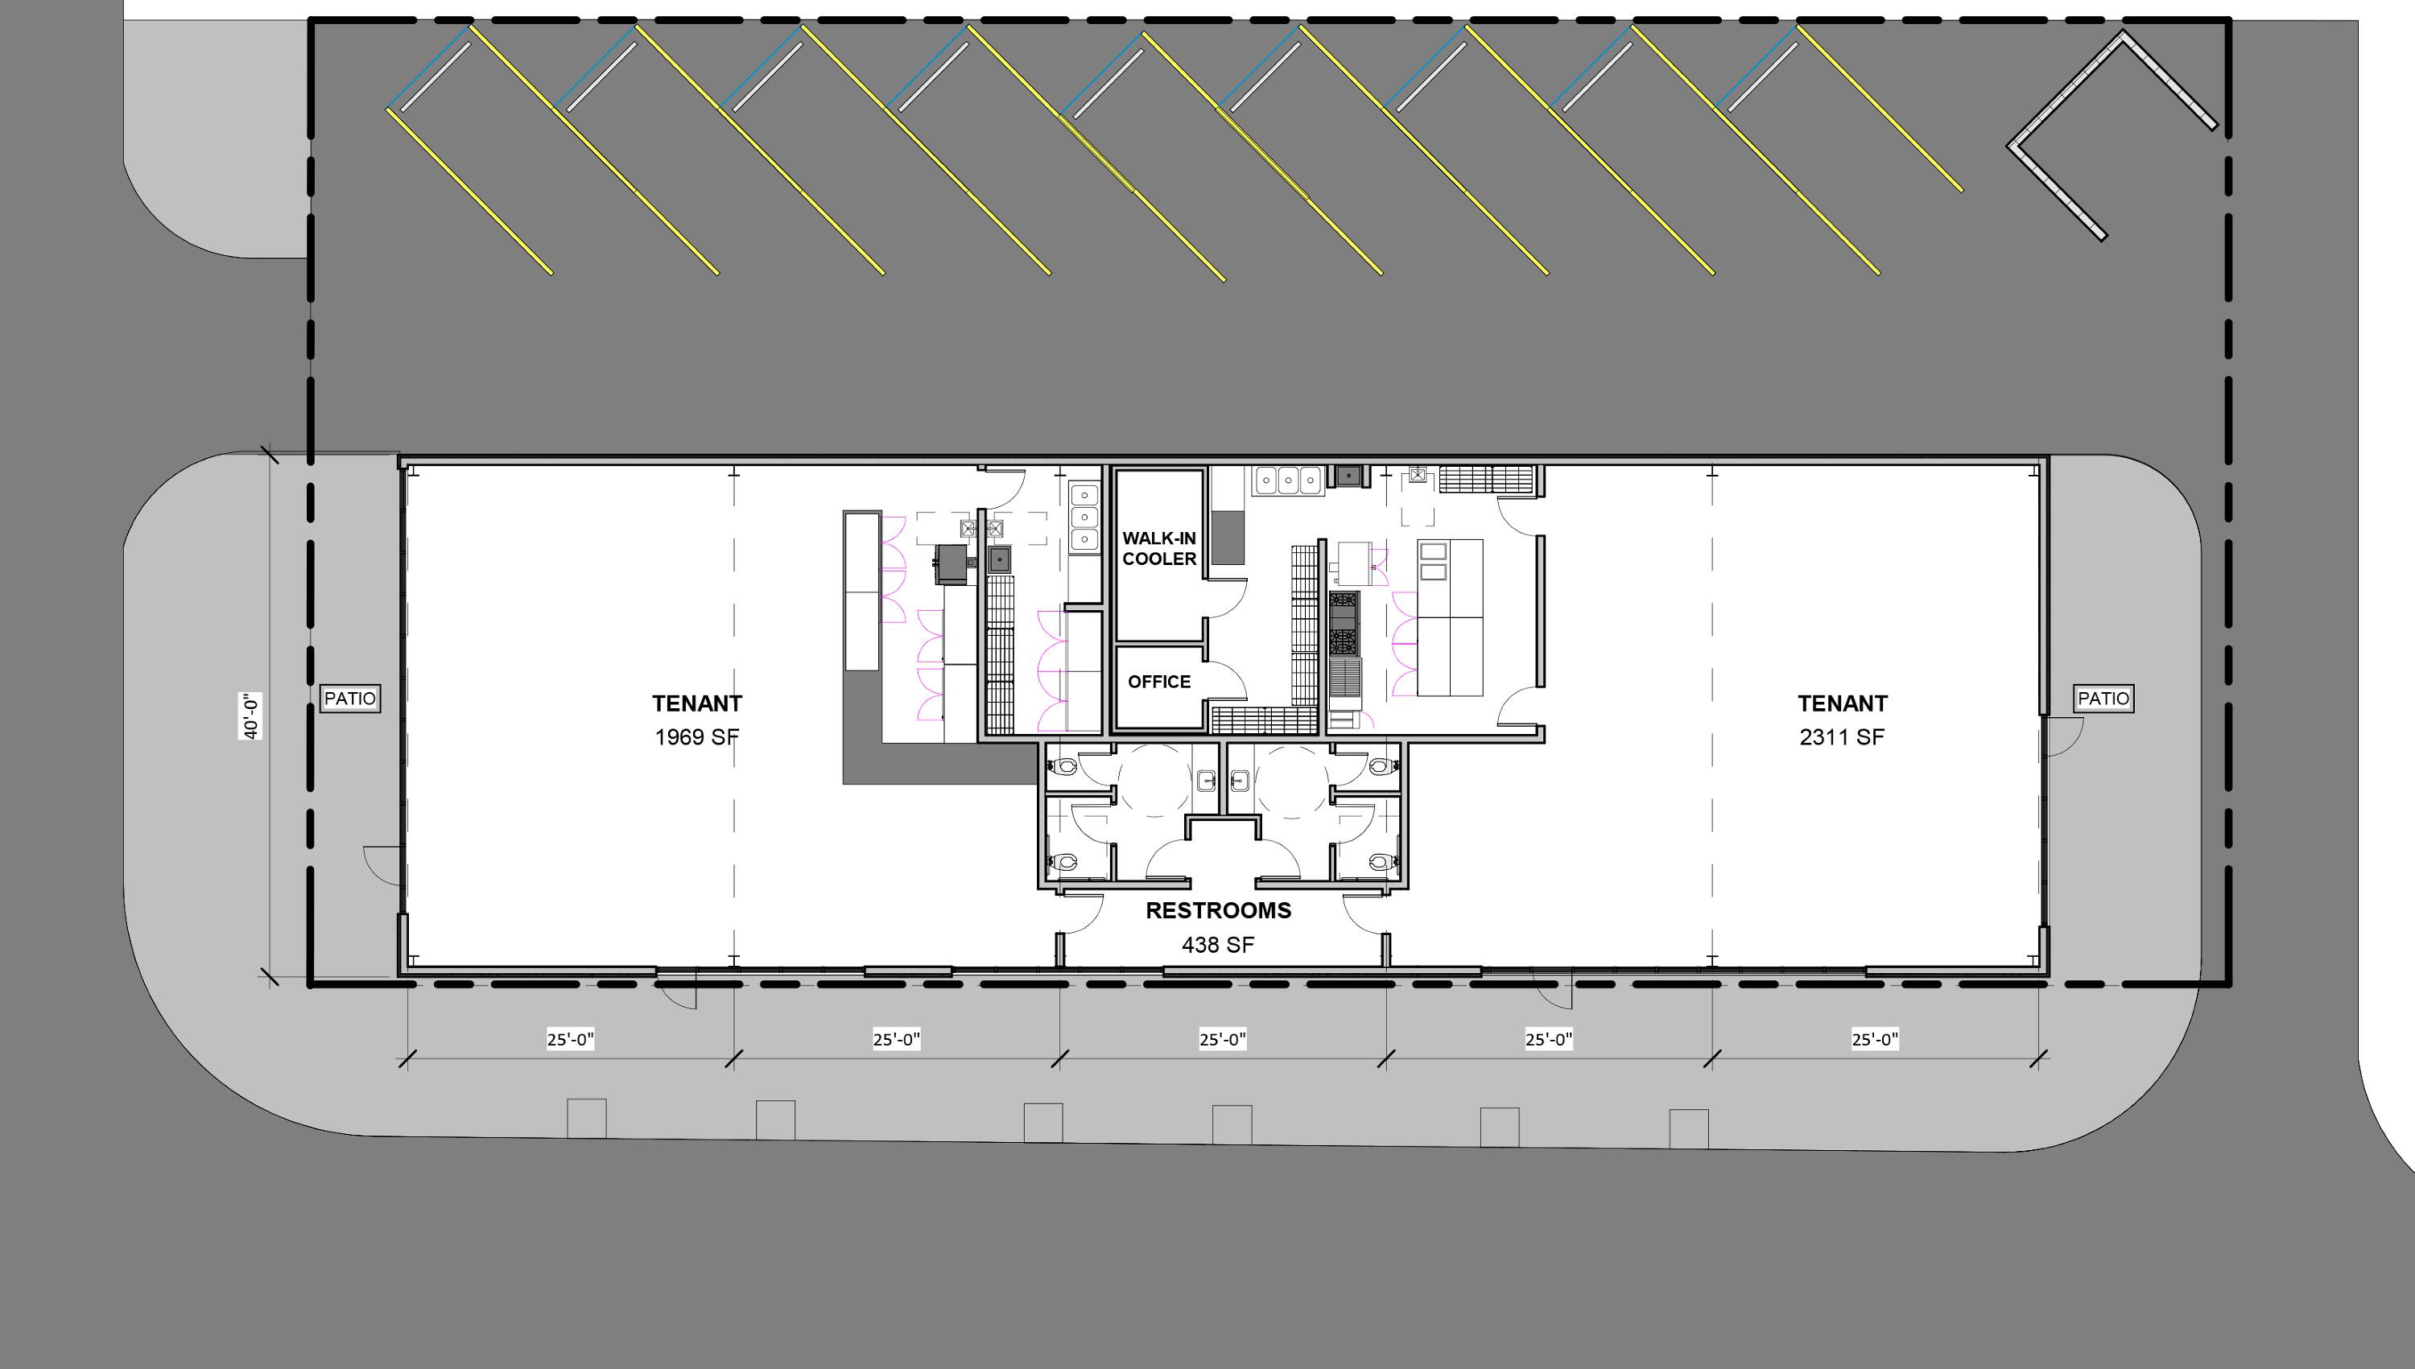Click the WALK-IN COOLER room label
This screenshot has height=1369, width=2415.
1159,549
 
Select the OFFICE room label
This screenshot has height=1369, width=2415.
1159,682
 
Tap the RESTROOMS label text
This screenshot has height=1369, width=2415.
1218,910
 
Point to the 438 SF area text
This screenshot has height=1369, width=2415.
1218,945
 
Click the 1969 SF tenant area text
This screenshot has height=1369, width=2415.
697,737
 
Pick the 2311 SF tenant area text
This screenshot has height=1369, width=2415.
1843,737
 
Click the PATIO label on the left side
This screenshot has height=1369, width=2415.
350,699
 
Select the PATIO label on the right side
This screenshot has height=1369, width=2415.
2103,699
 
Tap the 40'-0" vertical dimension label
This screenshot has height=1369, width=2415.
250,716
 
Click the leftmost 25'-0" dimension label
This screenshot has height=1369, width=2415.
571,1039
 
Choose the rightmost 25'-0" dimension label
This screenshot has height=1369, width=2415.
1875,1039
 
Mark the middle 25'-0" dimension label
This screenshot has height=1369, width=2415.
1223,1039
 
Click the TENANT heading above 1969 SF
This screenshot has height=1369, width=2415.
697,703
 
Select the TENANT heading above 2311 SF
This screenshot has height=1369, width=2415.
1843,703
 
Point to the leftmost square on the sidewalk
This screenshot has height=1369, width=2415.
587,1119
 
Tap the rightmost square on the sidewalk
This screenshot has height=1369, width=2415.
1689,1129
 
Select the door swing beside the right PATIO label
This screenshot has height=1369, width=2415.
2064,736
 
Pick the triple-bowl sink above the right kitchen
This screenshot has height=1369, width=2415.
1287,480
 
